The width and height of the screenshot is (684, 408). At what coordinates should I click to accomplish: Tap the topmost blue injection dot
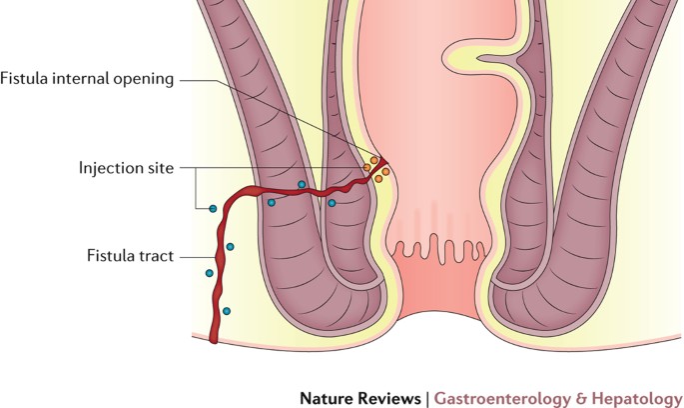[302, 185]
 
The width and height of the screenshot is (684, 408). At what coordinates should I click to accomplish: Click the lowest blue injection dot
[227, 312]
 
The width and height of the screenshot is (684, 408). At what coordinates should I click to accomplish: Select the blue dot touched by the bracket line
[212, 208]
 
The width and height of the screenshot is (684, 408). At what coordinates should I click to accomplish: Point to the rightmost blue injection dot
[332, 203]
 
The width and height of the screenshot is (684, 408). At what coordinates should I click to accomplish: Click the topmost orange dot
[374, 159]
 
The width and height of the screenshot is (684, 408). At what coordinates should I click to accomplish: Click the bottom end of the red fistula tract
[215, 340]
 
